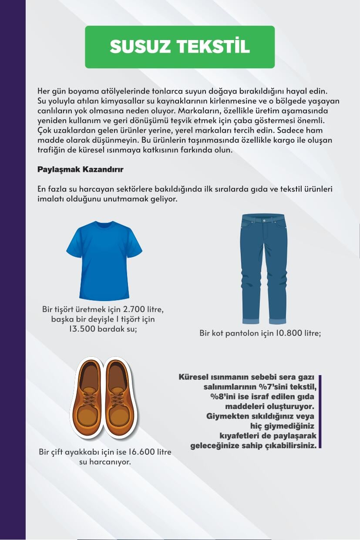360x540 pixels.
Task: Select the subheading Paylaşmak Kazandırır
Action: tap(80, 169)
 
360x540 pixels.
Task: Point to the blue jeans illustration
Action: tap(263, 268)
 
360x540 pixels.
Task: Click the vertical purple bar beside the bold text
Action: tap(320, 411)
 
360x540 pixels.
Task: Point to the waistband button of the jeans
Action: tap(263, 220)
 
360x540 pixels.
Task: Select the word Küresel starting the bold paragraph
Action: tap(193, 377)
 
